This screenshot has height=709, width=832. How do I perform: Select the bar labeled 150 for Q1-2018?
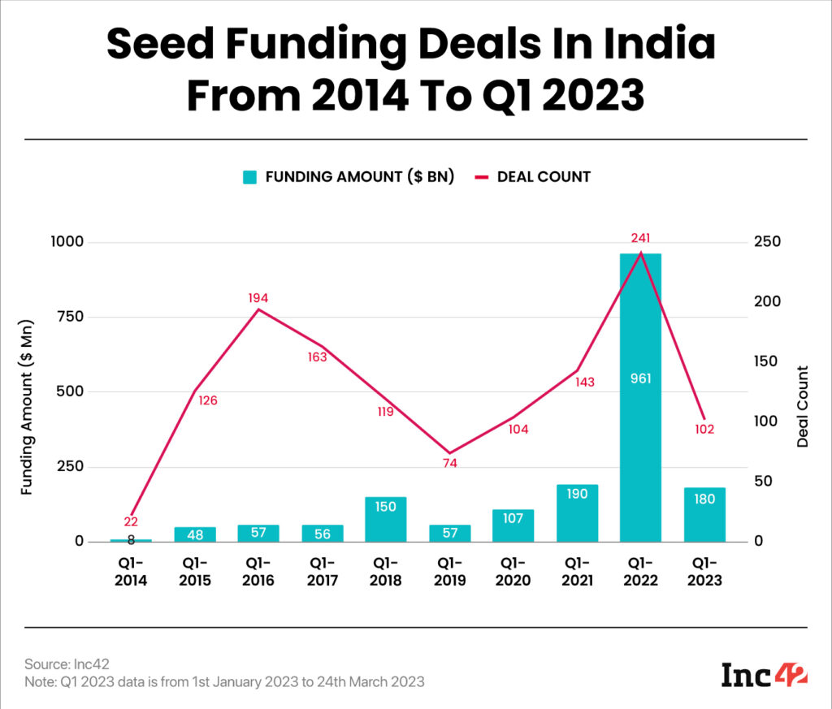tap(385, 520)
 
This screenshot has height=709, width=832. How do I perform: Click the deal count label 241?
tap(640, 238)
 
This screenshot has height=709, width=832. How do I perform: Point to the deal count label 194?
tap(258, 298)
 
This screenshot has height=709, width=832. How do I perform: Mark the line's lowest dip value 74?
tap(449, 463)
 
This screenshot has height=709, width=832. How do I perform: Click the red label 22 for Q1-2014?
tap(131, 521)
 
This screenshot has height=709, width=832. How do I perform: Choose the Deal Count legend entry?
tap(533, 176)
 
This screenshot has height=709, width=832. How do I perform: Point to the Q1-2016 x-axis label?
tap(258, 572)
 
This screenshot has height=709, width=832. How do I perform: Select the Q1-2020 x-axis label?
tap(513, 572)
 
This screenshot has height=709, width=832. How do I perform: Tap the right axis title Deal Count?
tap(803, 407)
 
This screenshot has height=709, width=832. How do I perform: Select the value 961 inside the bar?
tap(640, 378)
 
